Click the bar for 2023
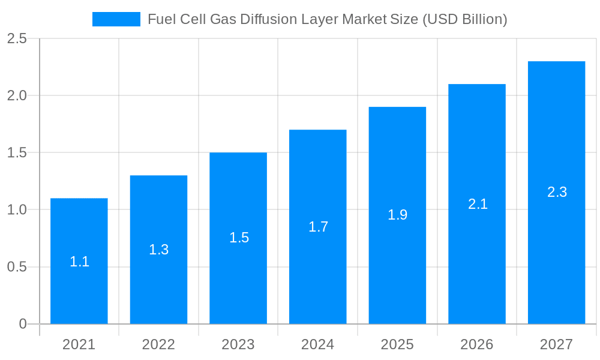[x=238, y=276]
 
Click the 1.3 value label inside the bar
[x=158, y=250]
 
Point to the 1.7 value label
[x=318, y=227]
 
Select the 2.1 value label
[x=478, y=204]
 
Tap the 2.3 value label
[x=557, y=192]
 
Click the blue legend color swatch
[x=116, y=19]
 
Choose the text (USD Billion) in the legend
[x=465, y=19]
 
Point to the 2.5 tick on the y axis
[x=17, y=38]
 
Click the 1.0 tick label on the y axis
[x=17, y=210]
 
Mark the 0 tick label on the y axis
[x=23, y=324]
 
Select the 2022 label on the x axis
[x=158, y=344]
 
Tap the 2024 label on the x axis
[x=318, y=344]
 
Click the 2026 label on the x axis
[x=477, y=344]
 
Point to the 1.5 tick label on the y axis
[x=17, y=153]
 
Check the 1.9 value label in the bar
[x=397, y=215]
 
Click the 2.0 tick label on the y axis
[x=17, y=95]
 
